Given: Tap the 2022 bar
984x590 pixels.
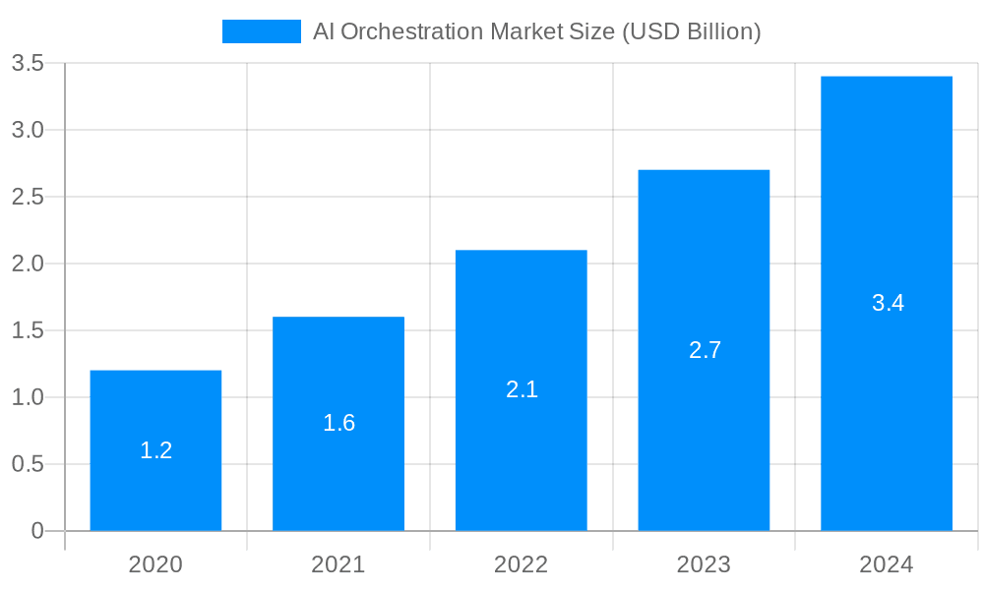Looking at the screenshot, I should (522, 324).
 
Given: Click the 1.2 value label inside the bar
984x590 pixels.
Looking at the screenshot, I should (155, 450).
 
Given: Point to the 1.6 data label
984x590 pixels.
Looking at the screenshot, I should (338, 423).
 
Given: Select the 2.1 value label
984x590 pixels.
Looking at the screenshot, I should (522, 389).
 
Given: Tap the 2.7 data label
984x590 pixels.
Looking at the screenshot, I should (705, 350).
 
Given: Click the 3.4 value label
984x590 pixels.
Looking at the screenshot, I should (888, 303).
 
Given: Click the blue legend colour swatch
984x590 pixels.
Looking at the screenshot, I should (261, 31).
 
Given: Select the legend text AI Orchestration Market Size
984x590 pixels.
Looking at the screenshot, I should (536, 31).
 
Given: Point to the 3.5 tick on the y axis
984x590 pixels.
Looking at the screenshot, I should (28, 63).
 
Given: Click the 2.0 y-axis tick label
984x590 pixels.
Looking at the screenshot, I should (28, 264).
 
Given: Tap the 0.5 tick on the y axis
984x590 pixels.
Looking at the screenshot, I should (28, 464).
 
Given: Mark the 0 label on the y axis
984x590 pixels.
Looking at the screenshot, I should (37, 531).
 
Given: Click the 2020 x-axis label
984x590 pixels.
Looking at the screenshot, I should (155, 564).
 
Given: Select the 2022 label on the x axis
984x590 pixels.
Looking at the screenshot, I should (521, 564).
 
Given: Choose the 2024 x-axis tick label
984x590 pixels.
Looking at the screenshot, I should (886, 564).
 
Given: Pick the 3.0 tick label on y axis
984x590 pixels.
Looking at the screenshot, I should (28, 130).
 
